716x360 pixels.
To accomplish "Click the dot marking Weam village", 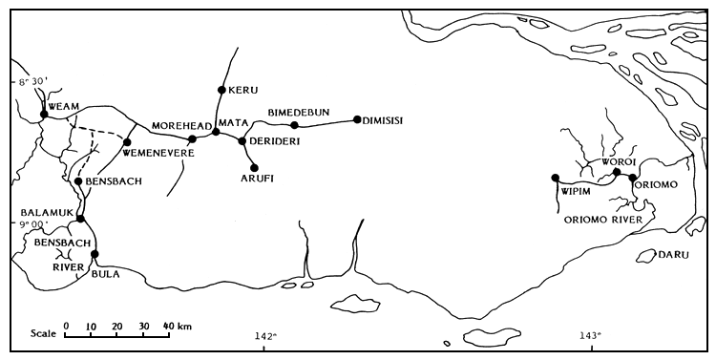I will pos(44,115).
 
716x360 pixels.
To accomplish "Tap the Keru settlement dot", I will pos(221,90).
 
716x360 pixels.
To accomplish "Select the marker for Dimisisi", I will pos(356,119).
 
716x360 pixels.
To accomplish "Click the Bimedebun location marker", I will pos(294,125).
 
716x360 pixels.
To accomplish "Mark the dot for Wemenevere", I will pos(127,142).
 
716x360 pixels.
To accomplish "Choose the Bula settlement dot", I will pos(95,254).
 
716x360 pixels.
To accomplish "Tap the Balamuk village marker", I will pos(81,219).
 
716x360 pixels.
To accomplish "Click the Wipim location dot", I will pos(555,178).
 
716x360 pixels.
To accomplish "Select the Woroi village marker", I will pos(617,172).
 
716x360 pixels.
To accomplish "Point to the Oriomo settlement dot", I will pos(633,178).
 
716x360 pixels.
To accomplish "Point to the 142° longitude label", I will pos(265,335).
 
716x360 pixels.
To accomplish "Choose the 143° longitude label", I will pos(591,335).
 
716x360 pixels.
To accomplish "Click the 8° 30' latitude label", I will pos(27,83).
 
